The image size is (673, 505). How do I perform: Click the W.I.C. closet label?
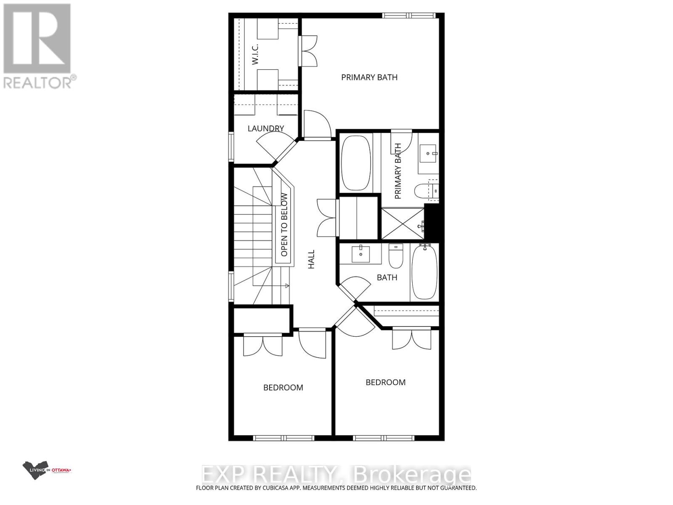tap(255, 54)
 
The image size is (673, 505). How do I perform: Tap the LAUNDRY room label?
tap(265, 128)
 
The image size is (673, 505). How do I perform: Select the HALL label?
tap(311, 259)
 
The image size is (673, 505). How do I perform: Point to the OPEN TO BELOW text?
tap(284, 224)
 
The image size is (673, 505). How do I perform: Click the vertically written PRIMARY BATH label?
tap(398, 171)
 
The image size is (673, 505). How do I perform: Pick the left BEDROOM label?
tap(283, 388)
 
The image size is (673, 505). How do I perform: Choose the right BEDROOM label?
tap(385, 382)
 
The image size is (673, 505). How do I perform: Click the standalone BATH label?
tap(387, 277)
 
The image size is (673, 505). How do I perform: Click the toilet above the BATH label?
tap(396, 256)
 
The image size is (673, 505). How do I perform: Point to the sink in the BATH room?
tap(361, 254)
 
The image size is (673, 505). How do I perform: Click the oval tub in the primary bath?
tap(356, 162)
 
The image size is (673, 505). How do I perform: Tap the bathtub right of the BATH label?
tap(424, 272)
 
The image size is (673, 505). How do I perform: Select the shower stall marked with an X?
tap(402, 223)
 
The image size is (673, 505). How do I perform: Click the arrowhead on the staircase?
tap(287, 286)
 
